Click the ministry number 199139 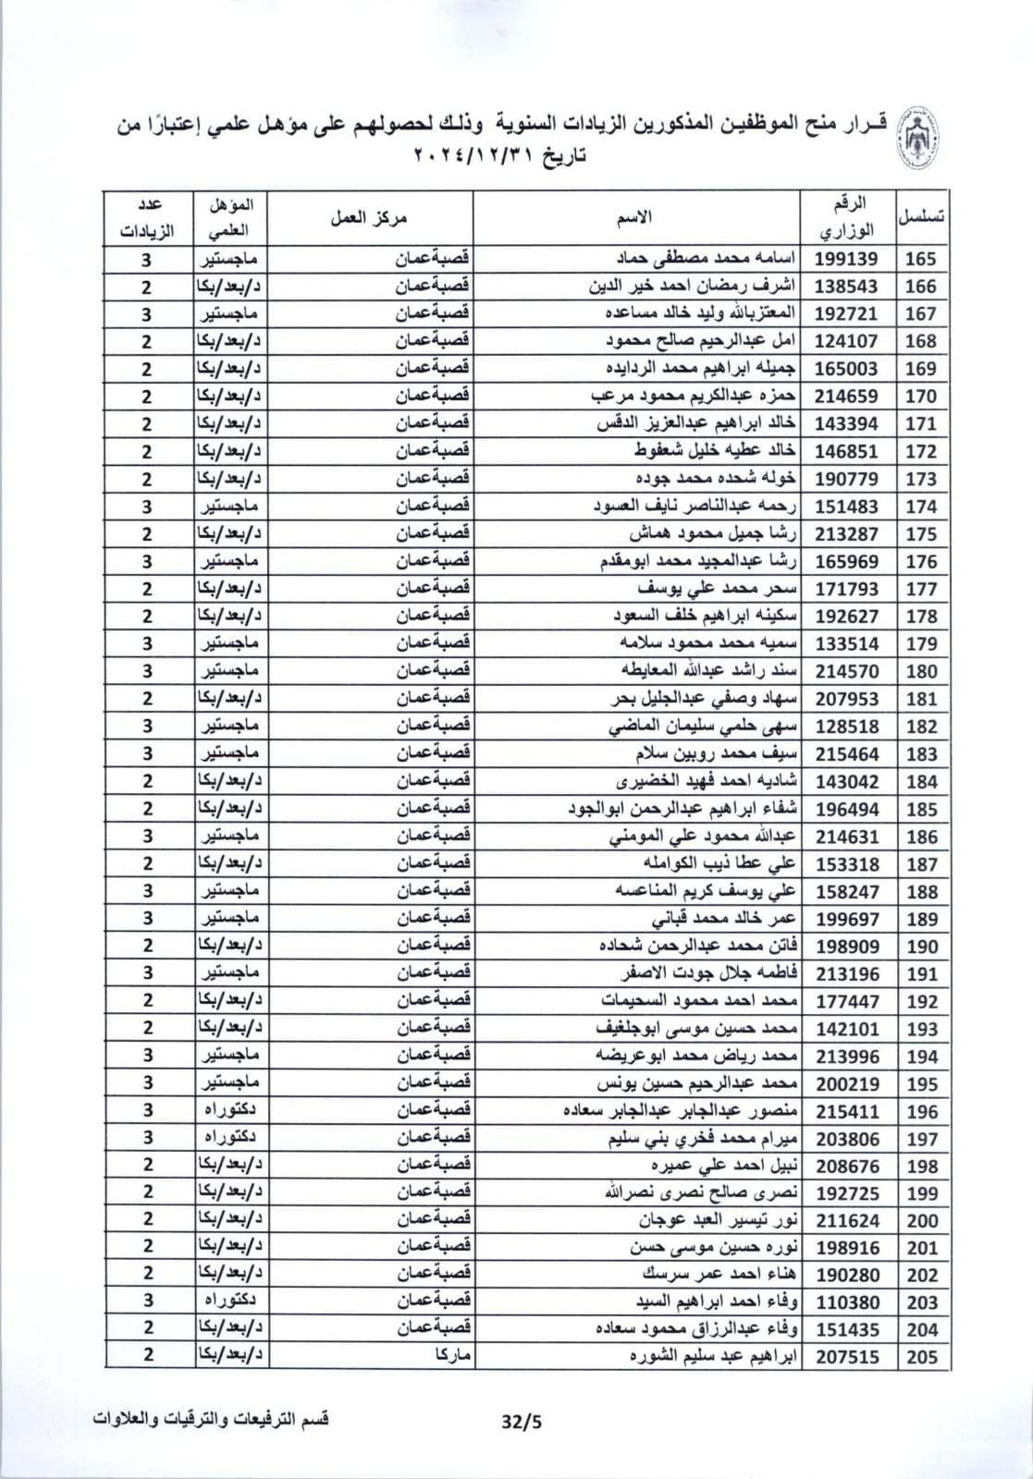click(x=846, y=259)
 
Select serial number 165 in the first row click(x=921, y=259)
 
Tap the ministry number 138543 click(x=846, y=287)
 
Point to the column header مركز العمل click(x=368, y=217)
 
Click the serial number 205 click(x=921, y=1357)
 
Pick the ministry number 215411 click(x=846, y=1111)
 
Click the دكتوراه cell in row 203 click(x=229, y=1302)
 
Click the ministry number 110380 click(x=846, y=1302)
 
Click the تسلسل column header click(x=921, y=217)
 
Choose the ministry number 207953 click(x=846, y=699)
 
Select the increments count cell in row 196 click(x=147, y=1110)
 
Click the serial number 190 click(x=921, y=947)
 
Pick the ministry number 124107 click(x=846, y=341)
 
